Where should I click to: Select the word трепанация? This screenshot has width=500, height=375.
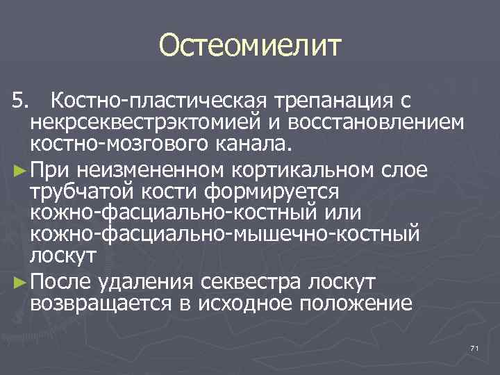[x=331, y=102]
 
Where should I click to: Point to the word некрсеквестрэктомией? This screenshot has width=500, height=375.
[x=135, y=123]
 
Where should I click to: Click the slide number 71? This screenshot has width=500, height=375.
[x=475, y=347]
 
